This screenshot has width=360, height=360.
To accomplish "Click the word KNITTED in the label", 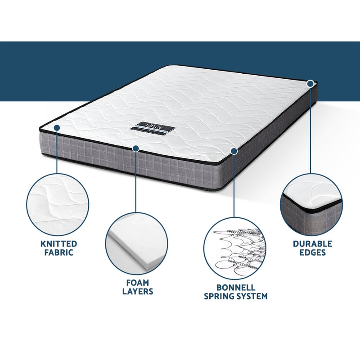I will click(x=58, y=243).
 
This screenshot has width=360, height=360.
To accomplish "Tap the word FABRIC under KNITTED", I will click(x=58, y=252).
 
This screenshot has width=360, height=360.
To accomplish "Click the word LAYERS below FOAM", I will click(x=138, y=291).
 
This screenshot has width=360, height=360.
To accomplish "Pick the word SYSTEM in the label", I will click(x=252, y=296).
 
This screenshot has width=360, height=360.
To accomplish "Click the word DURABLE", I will click(x=312, y=243).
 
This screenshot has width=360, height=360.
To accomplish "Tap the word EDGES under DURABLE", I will click(x=312, y=252).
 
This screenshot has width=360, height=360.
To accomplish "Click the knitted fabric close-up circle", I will click(x=58, y=205).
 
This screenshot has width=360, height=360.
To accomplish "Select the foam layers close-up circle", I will click(x=137, y=243).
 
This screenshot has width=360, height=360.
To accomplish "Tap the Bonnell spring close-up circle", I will click(x=235, y=249).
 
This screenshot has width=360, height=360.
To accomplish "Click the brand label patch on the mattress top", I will click(x=153, y=127).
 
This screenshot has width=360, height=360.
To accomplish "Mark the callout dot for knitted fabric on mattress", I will click(x=57, y=128).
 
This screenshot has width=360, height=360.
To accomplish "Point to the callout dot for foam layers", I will click(x=135, y=148).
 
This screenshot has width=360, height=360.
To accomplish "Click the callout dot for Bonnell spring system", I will click(x=234, y=151).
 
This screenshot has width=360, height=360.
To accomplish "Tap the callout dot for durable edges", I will click(x=310, y=83).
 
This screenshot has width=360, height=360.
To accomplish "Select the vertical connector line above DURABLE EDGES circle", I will click(x=310, y=130).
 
